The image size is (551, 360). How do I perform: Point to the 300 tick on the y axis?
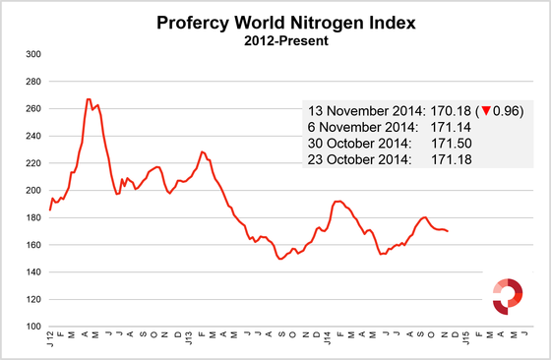tap(33, 54)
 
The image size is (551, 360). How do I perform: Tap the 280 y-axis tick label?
tap(33, 82)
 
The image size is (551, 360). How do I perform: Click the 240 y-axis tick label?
tap(33, 136)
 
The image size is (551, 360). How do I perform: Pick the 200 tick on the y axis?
tap(33, 190)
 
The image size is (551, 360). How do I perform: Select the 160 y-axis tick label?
tap(33, 245)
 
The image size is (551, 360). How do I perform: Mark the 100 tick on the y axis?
tap(33, 327)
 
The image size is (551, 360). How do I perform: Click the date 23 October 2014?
tap(361, 160)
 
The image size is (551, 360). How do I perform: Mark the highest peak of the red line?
tap(89, 99)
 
